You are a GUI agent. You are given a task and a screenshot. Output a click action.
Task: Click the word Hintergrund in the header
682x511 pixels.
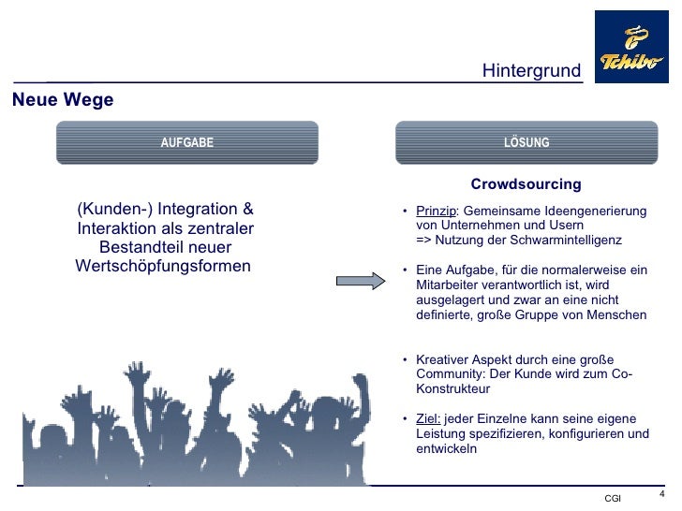(x=531, y=71)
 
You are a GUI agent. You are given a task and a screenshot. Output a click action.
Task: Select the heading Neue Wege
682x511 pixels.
(x=63, y=100)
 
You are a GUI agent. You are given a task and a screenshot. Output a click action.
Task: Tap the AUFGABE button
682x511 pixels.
(x=187, y=143)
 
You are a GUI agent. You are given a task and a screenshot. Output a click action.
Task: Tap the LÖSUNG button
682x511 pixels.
(x=526, y=143)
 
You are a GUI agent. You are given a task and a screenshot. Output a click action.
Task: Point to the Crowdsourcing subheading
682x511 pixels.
(x=526, y=184)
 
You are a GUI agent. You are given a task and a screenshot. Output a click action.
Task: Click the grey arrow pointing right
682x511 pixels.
(x=361, y=280)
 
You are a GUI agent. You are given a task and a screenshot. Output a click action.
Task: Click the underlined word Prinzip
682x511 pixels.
(x=435, y=211)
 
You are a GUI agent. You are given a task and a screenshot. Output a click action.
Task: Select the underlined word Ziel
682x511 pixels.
(x=428, y=418)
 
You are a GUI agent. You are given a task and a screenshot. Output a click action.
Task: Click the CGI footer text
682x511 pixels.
(x=613, y=497)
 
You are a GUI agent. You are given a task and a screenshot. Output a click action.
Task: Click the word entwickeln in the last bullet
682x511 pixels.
(x=446, y=448)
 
